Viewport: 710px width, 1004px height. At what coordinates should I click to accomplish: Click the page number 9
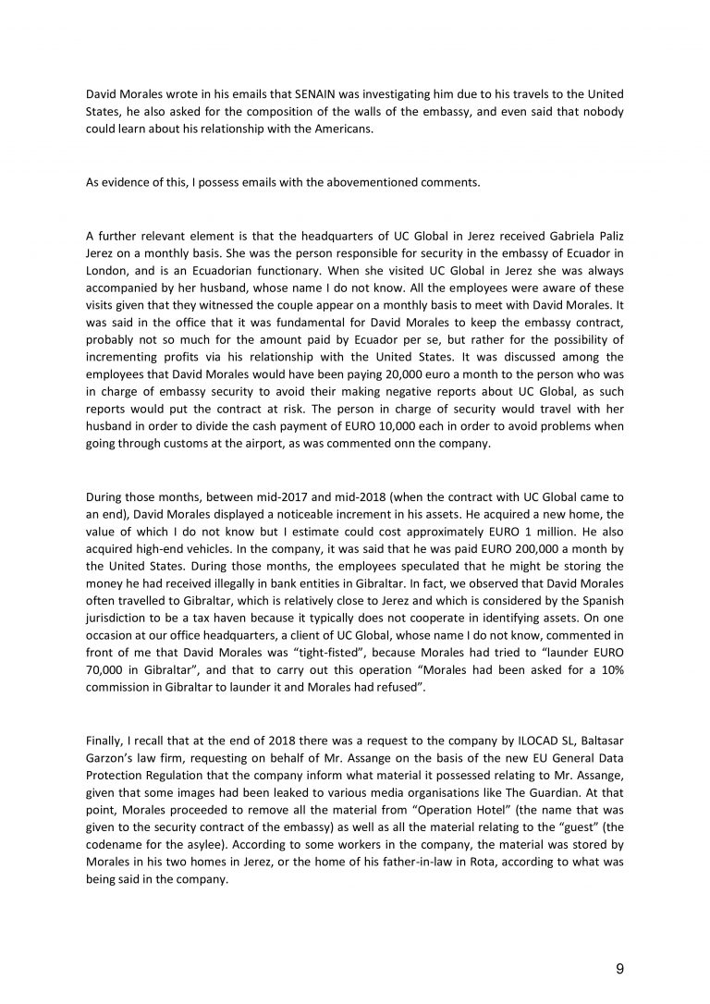pyautogui.click(x=618, y=969)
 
